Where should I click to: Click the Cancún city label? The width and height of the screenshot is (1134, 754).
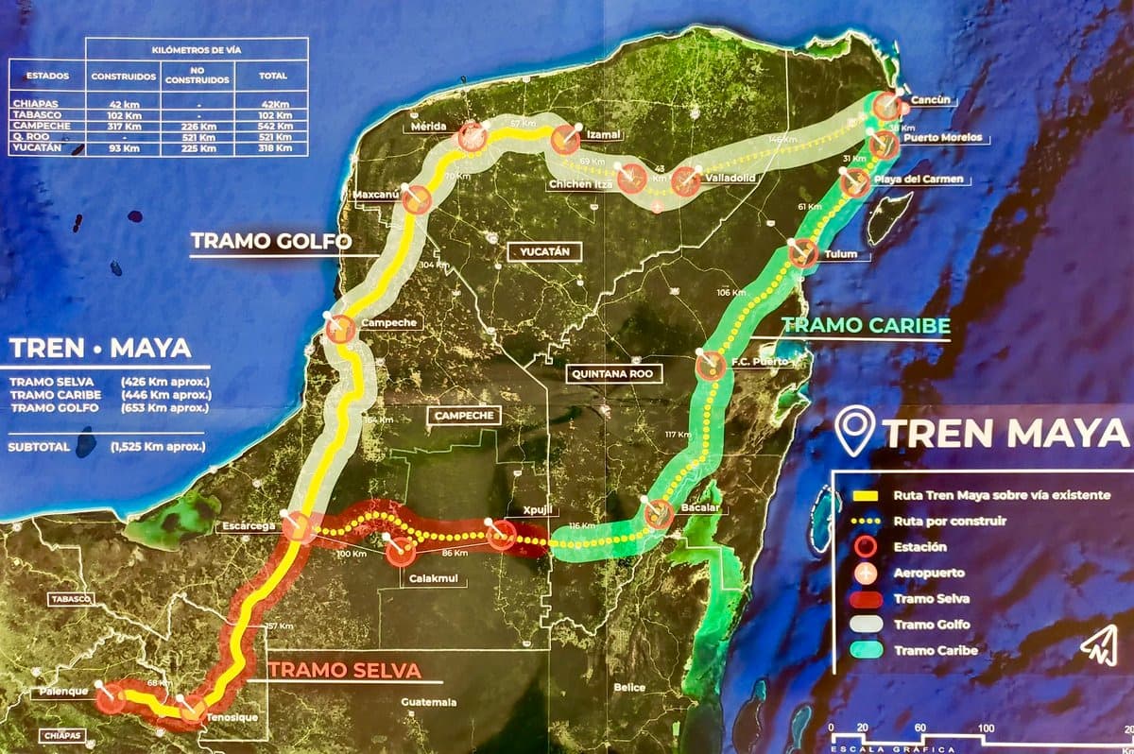pos(930,100)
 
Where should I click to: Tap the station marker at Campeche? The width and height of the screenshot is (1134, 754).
pos(341,330)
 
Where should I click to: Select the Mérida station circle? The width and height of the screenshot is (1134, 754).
pos(472,138)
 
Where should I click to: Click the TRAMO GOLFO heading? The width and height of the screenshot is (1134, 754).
pos(271,241)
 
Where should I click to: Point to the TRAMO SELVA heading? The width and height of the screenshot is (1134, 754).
pos(344,670)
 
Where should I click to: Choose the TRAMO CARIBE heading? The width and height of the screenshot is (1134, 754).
pos(866,326)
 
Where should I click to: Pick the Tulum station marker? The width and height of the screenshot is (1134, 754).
pos(802,253)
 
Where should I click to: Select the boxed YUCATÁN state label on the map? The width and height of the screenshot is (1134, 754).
pos(544,251)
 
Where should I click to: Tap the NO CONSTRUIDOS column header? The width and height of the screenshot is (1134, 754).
pos(197,76)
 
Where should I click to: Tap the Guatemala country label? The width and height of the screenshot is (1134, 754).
pos(428,702)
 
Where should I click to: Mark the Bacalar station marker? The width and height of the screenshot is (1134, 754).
pos(659,515)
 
